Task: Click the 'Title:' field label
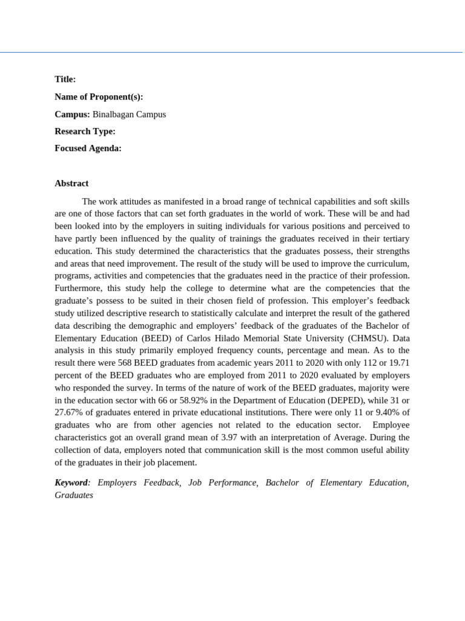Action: [65, 79]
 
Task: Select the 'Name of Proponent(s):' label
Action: [99, 97]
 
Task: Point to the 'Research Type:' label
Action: [85, 132]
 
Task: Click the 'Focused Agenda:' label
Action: [88, 149]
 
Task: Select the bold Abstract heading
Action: [71, 183]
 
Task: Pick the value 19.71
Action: [398, 363]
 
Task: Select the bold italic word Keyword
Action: [71, 483]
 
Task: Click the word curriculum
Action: [385, 263]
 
